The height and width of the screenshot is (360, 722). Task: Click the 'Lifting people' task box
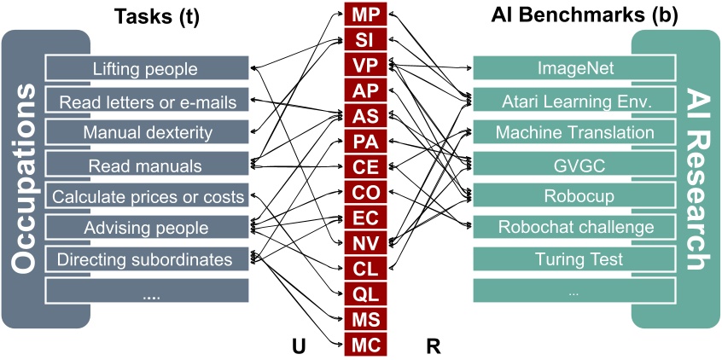click(x=145, y=69)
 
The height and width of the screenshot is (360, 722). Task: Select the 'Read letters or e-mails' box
click(x=145, y=102)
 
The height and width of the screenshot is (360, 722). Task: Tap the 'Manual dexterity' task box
click(x=145, y=133)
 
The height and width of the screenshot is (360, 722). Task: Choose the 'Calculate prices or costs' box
click(x=145, y=197)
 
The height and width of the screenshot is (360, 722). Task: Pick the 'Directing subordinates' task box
click(x=145, y=259)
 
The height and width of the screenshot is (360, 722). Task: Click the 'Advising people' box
click(x=145, y=229)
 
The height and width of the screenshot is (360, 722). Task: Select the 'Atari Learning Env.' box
click(x=575, y=101)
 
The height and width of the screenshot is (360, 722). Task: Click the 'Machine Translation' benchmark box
click(x=575, y=132)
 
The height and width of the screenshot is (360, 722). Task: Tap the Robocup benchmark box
click(x=575, y=195)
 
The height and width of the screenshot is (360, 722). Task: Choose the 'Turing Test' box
click(x=575, y=258)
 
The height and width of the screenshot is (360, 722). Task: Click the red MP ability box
click(x=365, y=13)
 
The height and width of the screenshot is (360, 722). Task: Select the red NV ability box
click(x=365, y=243)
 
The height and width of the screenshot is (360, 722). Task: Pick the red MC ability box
click(x=365, y=345)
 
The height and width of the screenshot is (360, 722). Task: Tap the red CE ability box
click(x=365, y=166)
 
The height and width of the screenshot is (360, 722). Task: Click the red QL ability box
click(x=365, y=294)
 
